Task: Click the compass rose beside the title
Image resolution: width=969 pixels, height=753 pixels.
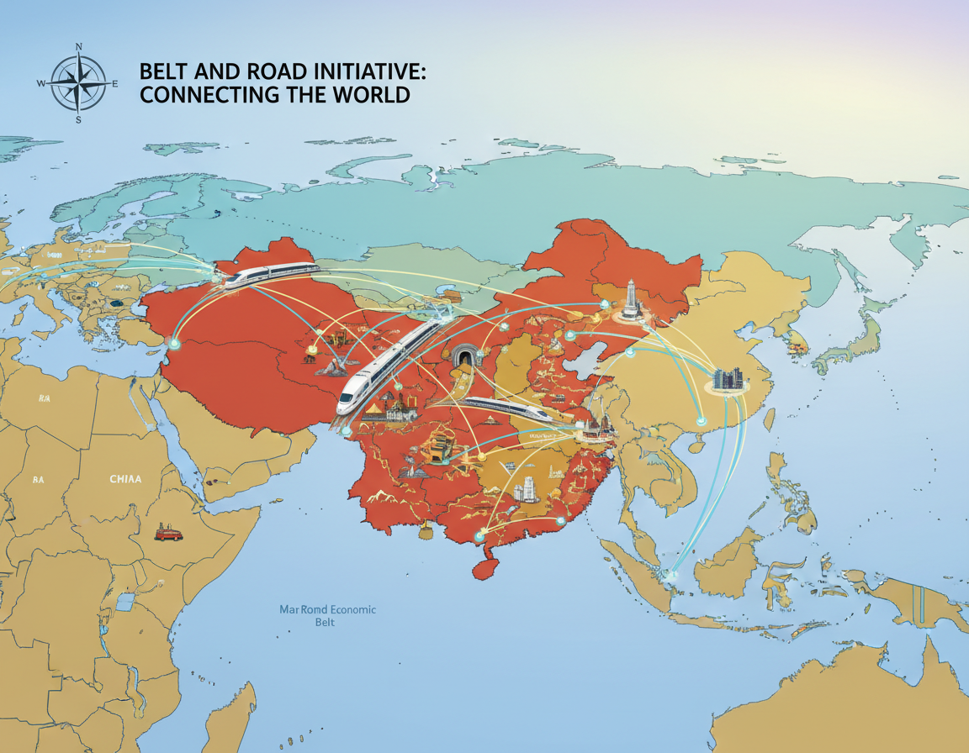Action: coord(78,83)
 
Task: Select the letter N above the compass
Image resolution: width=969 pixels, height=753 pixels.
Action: coord(79,47)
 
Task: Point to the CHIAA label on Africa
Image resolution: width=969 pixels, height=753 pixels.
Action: coord(125,479)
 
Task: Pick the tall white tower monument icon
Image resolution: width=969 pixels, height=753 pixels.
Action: coord(631,298)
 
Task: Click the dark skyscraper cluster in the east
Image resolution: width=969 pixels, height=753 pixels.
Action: coord(728,377)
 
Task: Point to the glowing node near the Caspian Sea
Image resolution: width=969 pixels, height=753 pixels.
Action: coord(174,343)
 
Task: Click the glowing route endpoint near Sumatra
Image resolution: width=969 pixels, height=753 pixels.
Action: coord(670,575)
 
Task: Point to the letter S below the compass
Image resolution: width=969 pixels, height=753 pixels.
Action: coord(79,120)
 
